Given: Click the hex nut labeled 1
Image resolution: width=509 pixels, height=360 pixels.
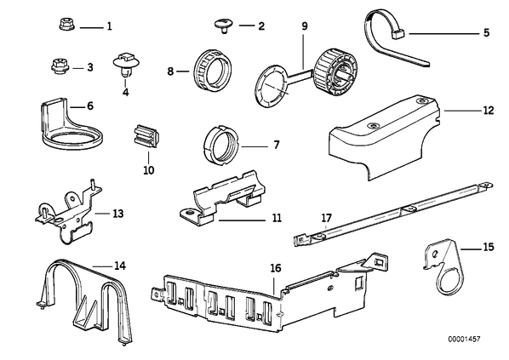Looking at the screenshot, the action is pos(66,25).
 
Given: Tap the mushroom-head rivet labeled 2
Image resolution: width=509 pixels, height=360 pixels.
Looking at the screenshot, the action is pos(223,26).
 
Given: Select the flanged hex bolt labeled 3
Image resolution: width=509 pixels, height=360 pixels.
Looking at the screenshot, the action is pos(60,66).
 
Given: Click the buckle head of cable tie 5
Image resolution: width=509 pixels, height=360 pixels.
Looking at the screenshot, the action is pos(398,33).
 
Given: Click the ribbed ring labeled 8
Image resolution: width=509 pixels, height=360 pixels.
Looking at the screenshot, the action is pos(209,72).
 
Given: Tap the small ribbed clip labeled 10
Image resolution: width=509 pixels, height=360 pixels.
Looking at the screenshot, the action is pos(146,135).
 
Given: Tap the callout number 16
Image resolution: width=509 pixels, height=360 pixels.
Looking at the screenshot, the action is pos(276,268).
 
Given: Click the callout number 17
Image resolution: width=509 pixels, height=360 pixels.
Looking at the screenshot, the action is pos(327,217).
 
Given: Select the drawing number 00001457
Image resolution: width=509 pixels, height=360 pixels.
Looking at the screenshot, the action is pos(464,340).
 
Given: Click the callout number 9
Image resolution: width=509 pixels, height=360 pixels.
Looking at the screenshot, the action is pos(304,26).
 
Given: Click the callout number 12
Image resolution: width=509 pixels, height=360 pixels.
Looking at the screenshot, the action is pos(489,111).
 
